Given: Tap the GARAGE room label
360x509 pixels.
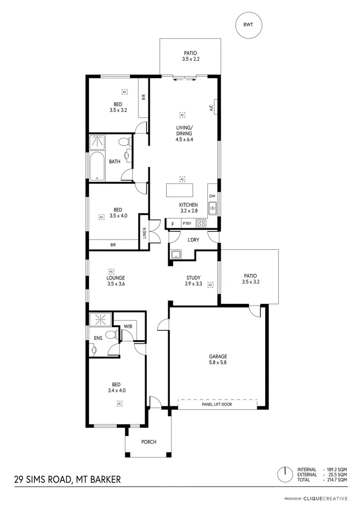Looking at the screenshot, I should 218,356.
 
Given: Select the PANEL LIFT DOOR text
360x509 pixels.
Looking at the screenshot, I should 217,404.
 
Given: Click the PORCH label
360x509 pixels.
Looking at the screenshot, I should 148,442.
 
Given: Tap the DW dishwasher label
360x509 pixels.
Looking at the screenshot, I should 212,196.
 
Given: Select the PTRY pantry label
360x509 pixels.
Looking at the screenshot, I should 187,224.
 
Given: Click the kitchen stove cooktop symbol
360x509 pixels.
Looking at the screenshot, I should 202,224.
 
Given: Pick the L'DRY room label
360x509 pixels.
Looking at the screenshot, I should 193,240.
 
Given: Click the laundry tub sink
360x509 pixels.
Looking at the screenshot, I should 177,255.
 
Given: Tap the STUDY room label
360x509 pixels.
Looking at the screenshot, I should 194,278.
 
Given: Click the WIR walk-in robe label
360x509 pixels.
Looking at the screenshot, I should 128,326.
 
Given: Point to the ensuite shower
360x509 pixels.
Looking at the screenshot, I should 100,319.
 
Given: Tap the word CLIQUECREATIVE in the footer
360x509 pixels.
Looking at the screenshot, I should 325,498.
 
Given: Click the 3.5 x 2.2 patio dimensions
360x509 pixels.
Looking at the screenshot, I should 190,60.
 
